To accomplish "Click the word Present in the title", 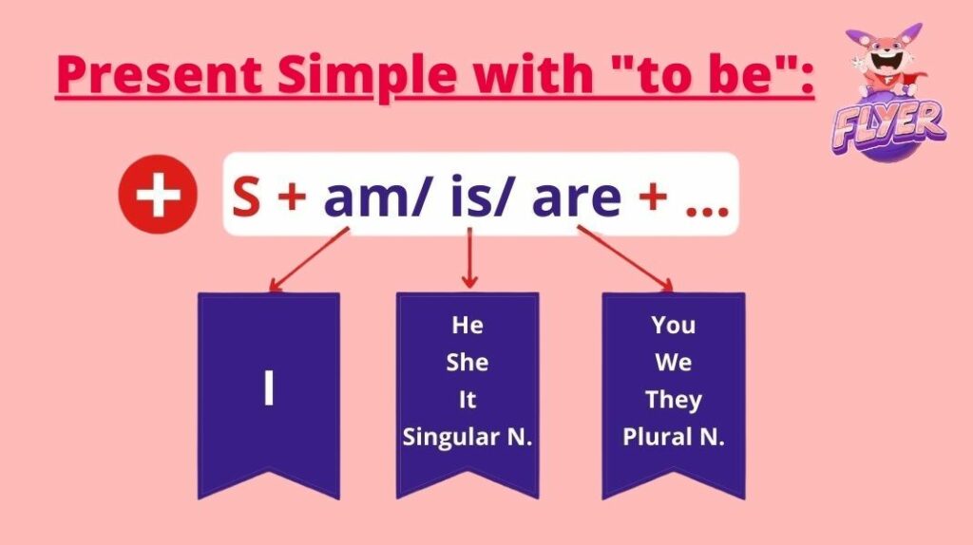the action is (160, 74).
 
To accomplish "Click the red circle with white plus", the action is (158, 194).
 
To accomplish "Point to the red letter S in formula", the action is (246, 197).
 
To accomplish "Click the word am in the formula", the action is (369, 197).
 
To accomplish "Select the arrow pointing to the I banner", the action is (309, 259).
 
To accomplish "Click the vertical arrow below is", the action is (469, 258).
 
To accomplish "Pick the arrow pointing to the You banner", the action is (625, 258).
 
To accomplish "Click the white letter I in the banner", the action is (269, 387).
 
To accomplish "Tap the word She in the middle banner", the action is (467, 362).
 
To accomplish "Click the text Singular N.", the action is (467, 437).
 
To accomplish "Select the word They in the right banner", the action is (674, 400).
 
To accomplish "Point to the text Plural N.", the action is (674, 437).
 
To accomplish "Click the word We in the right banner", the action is (674, 362).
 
